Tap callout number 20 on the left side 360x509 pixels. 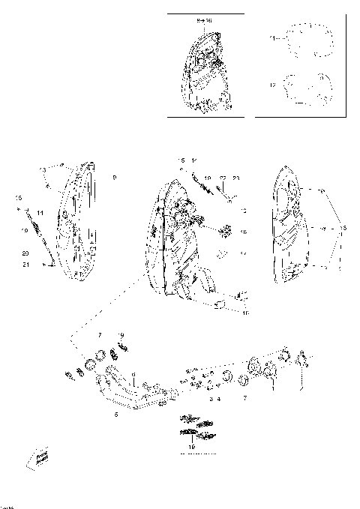click(25, 253)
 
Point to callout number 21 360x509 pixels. click(25, 265)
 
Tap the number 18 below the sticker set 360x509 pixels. click(192, 446)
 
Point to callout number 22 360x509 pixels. click(222, 178)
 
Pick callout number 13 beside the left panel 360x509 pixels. click(43, 171)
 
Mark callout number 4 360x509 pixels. click(218, 399)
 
